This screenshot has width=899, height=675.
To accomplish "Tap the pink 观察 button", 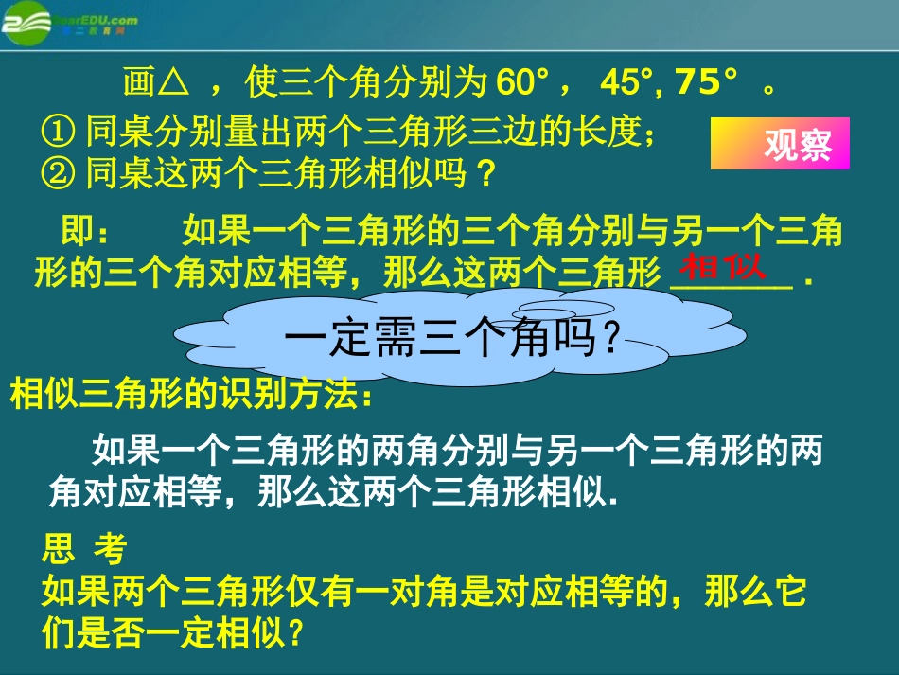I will pyautogui.click(x=779, y=144).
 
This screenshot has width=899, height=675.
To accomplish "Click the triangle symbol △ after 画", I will pyautogui.click(x=170, y=84).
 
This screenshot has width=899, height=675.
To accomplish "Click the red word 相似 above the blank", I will pyautogui.click(x=724, y=266).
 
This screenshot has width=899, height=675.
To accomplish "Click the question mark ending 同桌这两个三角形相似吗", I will pyautogui.click(x=485, y=173).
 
